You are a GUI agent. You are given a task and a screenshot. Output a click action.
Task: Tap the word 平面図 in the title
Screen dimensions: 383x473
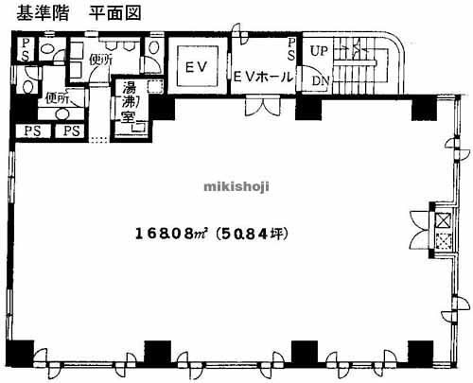click(112, 13)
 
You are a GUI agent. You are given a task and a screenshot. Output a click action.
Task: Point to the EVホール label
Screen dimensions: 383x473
click(262, 76)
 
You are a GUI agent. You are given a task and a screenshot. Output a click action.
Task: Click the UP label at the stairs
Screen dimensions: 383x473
click(319, 48)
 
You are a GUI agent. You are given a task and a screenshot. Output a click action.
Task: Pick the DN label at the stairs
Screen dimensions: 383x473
click(320, 81)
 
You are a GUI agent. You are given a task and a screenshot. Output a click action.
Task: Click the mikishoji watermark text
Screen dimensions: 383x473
click(236, 186)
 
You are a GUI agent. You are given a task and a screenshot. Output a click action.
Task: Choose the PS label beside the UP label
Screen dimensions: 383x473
click(292, 50)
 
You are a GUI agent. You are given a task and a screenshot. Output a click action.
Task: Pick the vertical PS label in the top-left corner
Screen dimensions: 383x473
click(25, 50)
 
